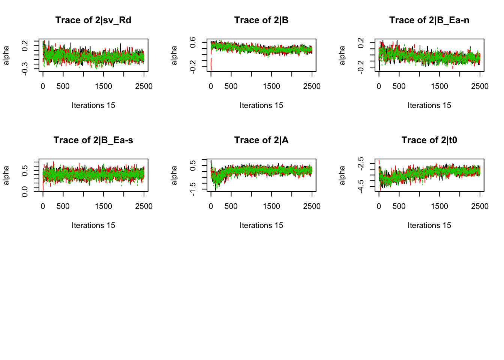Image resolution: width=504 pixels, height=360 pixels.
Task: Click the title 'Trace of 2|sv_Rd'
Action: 93,20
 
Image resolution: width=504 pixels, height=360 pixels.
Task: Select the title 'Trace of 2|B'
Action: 261,20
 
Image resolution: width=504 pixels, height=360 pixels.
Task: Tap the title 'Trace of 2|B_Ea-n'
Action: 429,20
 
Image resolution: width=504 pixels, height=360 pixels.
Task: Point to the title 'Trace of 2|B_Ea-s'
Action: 93,140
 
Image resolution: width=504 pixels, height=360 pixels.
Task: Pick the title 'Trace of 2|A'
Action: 261,140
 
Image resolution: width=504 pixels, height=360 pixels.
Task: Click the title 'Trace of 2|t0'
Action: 429,140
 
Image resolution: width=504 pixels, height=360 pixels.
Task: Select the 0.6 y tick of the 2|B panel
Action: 193,42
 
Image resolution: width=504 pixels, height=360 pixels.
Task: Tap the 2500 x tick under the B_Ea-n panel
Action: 480,86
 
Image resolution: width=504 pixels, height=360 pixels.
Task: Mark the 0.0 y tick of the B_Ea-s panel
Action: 25,191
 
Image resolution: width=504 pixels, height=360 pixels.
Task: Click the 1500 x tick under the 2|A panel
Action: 271,206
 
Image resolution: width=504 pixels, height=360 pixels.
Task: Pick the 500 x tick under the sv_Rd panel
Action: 63,86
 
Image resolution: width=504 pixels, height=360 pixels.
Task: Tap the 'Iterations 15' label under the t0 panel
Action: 429,225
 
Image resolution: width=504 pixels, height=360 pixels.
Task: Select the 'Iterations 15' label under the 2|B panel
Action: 261,105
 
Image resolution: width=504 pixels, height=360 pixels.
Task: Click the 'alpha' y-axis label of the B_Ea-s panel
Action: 6,175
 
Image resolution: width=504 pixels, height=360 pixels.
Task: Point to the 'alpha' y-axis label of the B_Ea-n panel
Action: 342,55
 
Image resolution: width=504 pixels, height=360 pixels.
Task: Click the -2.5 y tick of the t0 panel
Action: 361,163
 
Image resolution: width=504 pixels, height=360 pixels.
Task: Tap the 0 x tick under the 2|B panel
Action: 211,86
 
